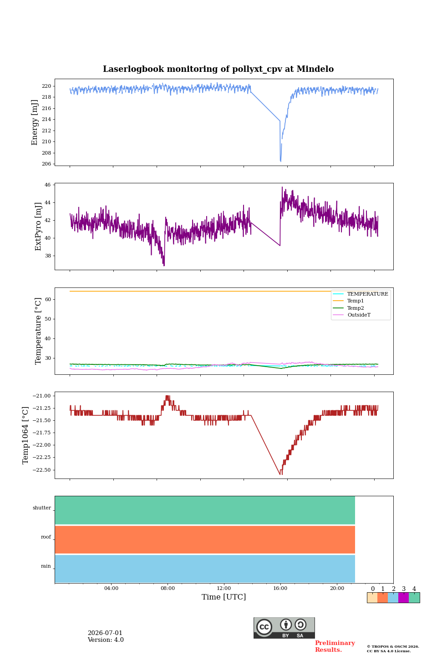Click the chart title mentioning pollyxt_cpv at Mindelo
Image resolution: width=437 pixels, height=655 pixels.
218,69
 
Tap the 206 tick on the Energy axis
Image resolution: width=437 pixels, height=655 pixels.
46,164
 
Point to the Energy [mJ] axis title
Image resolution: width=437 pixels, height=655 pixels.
35,122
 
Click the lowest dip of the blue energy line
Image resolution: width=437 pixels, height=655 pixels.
281,161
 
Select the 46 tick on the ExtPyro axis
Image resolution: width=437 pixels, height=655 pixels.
48,185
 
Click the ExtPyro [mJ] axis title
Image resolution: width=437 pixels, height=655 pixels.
38,227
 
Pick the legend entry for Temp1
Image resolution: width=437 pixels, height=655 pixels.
356,301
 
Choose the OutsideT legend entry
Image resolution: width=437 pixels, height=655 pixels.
359,315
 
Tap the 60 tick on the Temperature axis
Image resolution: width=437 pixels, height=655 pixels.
48,299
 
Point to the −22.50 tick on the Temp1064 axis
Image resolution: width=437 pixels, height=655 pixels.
41,470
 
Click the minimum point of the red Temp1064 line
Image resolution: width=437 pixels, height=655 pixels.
281,474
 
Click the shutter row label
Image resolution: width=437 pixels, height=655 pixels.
42,508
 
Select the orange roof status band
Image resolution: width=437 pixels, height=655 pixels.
205,539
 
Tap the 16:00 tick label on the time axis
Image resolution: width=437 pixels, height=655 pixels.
280,588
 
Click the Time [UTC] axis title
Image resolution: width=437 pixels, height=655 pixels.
224,597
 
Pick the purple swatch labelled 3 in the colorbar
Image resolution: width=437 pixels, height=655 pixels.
404,598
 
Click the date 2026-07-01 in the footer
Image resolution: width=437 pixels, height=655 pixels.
105,633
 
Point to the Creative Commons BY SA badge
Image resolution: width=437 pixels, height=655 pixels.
284,628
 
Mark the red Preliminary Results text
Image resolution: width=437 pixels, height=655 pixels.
335,646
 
